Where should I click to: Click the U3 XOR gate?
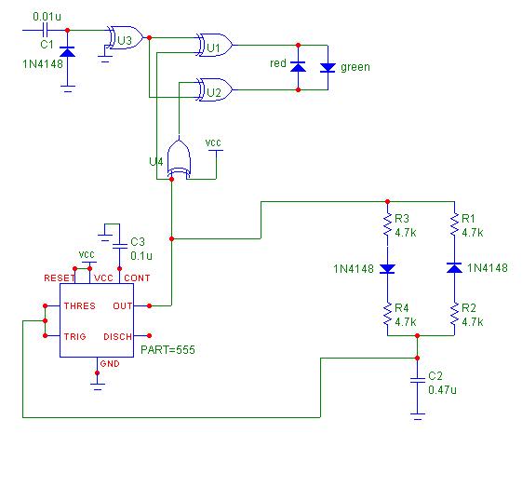point(125,37)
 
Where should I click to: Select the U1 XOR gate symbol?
point(214,45)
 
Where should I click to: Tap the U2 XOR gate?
point(214,89)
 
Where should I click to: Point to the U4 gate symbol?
point(179,158)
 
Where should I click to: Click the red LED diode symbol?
point(298,67)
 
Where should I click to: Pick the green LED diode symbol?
point(328,68)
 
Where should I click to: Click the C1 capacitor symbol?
point(47,31)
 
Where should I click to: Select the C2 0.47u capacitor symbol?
point(418,380)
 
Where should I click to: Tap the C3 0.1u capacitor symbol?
point(119,246)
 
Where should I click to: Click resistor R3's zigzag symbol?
point(387,224)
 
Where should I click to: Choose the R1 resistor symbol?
point(454,224)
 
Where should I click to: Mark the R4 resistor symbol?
point(387,314)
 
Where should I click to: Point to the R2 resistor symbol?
point(454,314)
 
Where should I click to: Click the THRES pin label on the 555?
point(80,305)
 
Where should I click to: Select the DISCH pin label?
point(117,337)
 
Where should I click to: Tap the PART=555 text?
point(167,350)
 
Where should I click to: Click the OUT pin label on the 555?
point(123,305)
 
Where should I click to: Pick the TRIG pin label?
point(75,336)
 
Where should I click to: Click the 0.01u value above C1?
point(47,17)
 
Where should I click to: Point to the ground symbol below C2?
point(418,416)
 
